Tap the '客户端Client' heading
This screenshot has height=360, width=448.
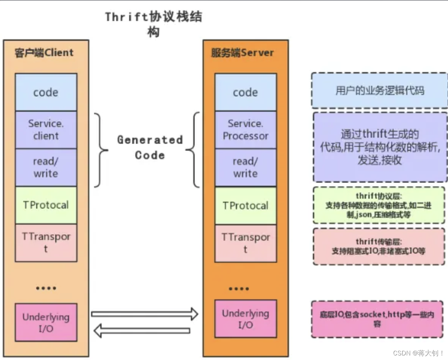click(44, 52)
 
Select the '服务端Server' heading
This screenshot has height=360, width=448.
click(242, 52)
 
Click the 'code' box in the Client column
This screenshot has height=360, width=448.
click(46, 92)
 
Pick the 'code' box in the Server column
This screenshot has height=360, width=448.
click(245, 92)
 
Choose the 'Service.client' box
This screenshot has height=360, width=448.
click(46, 130)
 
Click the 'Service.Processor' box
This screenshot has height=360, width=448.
click(245, 130)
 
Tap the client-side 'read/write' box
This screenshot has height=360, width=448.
click(46, 167)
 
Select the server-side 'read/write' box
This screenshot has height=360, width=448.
click(245, 167)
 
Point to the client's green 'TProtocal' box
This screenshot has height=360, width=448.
click(46, 205)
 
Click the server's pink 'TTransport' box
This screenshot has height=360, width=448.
click(245, 243)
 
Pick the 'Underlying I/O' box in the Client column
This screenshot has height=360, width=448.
click(46, 322)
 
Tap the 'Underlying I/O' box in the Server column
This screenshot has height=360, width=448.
click(245, 319)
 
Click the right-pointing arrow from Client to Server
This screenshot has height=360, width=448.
click(144, 314)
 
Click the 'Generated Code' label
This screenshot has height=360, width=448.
click(150, 147)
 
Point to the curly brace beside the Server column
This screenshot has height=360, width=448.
click(194, 150)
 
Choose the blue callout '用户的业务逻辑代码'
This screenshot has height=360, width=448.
click(379, 90)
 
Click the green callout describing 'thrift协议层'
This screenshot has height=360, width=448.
click(378, 205)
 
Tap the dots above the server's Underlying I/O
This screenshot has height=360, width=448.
click(239, 289)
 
